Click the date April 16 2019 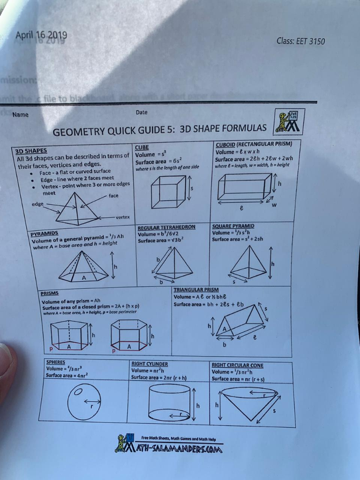[x=41, y=36]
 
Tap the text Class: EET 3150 [x=300, y=41]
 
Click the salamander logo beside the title [x=289, y=122]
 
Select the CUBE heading [x=142, y=147]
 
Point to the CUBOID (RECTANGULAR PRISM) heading [x=254, y=144]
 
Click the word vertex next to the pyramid [x=123, y=217]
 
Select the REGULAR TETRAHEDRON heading [x=166, y=227]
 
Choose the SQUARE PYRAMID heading [x=233, y=226]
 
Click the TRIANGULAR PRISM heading [x=196, y=290]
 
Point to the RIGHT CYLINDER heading [x=150, y=364]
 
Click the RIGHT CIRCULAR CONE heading [x=237, y=365]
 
